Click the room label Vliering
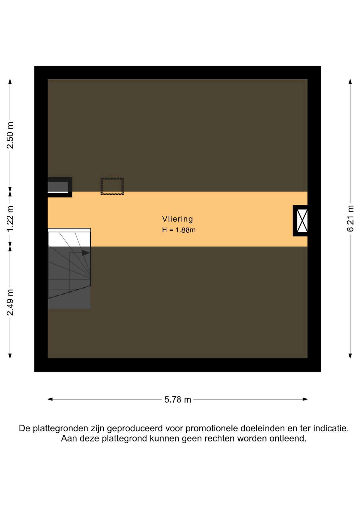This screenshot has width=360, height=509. [x=177, y=219]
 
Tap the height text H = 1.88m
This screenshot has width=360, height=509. [x=179, y=230]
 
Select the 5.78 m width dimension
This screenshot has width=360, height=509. [x=178, y=400]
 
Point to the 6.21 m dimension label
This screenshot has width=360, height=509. [x=350, y=219]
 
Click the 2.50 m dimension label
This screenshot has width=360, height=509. [x=10, y=135]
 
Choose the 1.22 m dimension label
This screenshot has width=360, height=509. [x=10, y=219]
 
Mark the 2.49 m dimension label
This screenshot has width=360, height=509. [x=10, y=302]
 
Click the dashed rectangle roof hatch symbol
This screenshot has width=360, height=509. [x=112, y=186]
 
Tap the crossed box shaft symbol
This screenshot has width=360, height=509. [x=302, y=221]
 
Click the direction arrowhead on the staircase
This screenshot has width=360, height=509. [x=86, y=253]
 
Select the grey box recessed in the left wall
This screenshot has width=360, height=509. [x=58, y=187]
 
